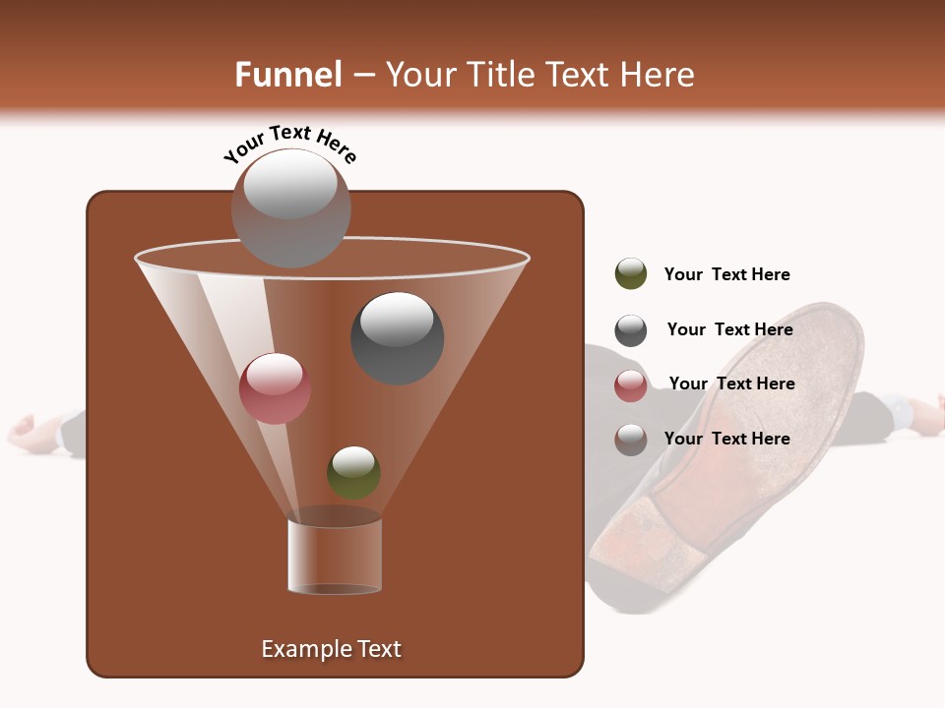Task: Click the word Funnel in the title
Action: coord(287,75)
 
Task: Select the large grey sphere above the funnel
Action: coord(291,207)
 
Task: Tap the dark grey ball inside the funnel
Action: coord(398,338)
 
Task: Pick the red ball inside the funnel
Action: coord(275,388)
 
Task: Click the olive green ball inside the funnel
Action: coord(353,472)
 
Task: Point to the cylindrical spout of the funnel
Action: coord(335,556)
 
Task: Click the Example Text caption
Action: coord(331,649)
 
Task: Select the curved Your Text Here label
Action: coord(289,144)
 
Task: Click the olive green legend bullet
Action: coord(631,274)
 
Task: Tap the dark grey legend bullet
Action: coord(631,330)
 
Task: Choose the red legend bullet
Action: coord(631,385)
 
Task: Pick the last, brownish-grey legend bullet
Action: coord(631,440)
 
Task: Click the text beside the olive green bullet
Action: coord(726,274)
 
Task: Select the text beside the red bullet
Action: coord(731,383)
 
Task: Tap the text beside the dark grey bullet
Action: coord(729,329)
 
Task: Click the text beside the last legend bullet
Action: coord(726,439)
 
